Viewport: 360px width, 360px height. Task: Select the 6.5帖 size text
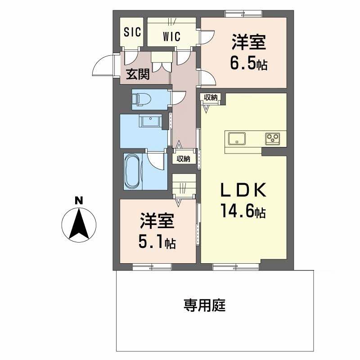248,64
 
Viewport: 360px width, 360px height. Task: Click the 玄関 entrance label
137,74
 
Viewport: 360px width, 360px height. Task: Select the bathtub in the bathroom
133,171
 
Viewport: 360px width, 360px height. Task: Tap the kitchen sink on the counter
236,139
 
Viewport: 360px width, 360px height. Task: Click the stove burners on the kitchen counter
272,139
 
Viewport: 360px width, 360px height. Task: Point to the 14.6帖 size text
243,211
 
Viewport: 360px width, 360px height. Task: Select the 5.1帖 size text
157,243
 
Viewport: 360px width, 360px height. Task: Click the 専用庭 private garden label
204,306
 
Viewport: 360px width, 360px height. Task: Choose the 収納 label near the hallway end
183,159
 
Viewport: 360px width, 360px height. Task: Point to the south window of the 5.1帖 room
152,267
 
